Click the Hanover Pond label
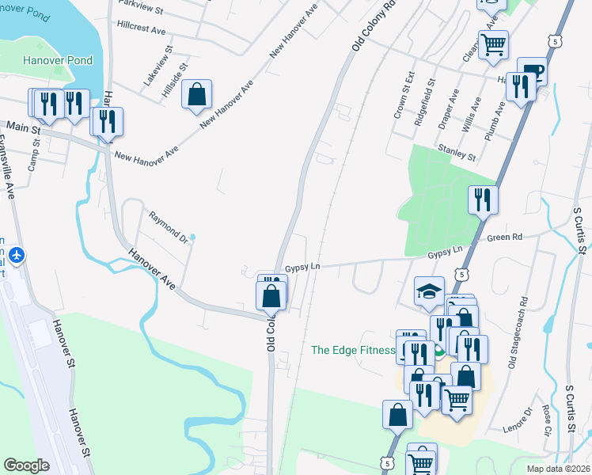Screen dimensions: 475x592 58,60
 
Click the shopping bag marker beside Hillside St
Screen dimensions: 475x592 195,94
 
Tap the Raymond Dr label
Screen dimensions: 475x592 169,226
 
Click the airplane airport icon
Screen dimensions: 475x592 17,256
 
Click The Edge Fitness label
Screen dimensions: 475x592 352,350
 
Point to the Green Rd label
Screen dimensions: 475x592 505,237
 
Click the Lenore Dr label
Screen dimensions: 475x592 518,420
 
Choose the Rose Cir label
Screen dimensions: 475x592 547,421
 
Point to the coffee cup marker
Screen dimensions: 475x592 532,71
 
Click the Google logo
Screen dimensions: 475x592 26,465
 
